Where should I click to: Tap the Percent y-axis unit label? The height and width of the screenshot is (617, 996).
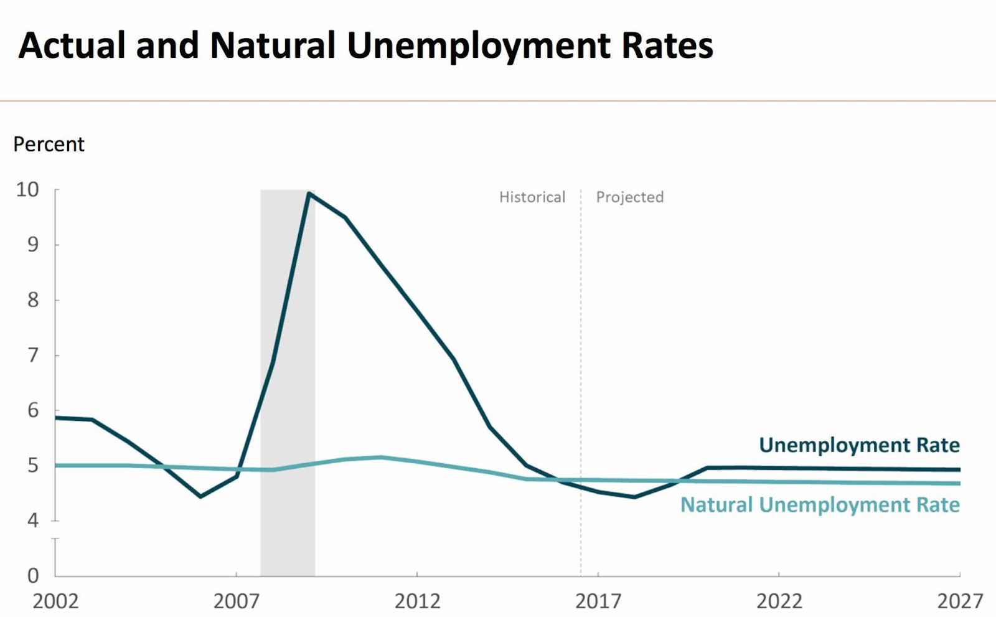point(49,144)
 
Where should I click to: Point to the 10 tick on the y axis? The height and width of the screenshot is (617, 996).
point(27,190)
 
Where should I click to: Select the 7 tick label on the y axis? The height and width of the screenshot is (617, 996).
point(33,356)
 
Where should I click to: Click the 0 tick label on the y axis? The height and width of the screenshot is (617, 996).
point(33,575)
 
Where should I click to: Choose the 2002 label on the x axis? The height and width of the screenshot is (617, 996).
point(55,601)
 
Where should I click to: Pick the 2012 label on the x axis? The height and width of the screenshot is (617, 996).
point(417,601)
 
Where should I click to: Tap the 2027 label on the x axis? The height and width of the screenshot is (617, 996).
point(959,601)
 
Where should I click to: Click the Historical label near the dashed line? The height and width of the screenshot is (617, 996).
point(532,197)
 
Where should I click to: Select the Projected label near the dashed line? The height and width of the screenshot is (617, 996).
point(630,197)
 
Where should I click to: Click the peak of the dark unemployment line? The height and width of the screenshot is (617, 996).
point(309,194)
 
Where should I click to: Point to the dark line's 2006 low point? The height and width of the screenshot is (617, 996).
point(200,496)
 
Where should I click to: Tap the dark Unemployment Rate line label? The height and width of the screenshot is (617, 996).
point(859,445)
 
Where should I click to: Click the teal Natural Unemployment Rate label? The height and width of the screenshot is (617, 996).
point(820,504)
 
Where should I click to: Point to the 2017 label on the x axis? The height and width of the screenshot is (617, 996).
point(598,601)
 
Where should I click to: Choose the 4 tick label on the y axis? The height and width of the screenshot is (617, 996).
point(33,520)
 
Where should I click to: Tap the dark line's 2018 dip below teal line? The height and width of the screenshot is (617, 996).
point(634,497)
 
